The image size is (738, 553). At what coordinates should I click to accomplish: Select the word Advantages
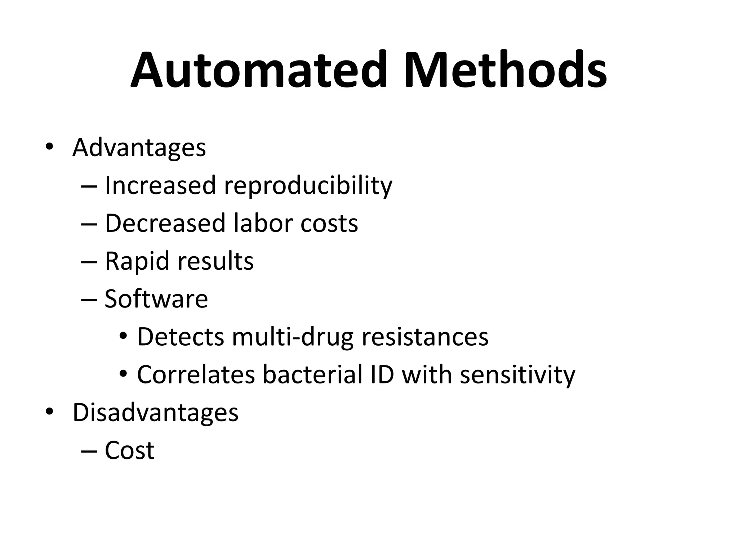tap(139, 148)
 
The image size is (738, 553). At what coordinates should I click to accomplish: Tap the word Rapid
tap(137, 261)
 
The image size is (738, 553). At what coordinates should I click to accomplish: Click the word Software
tap(156, 299)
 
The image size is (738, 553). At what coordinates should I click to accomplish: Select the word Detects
tap(181, 337)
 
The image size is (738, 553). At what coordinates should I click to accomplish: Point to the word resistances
tap(425, 337)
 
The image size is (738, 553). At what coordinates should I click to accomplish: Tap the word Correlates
tap(196, 375)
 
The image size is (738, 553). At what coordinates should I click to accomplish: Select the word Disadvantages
tap(155, 413)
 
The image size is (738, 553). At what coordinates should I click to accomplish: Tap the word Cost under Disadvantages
tap(129, 450)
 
